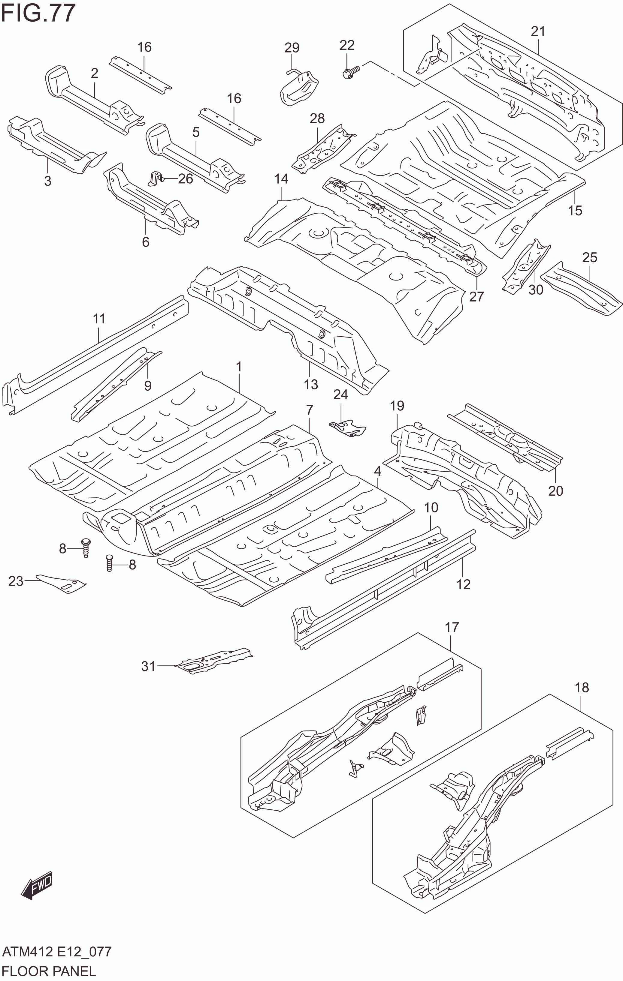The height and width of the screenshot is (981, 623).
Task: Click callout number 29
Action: click(292, 48)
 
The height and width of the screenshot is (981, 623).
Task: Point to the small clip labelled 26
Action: click(155, 178)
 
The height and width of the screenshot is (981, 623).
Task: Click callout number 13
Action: click(311, 384)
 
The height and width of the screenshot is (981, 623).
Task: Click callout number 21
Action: click(538, 31)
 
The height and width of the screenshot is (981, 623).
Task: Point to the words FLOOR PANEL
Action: click(49, 971)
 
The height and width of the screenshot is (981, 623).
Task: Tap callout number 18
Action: click(582, 688)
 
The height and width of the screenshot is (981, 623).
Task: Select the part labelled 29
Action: click(299, 88)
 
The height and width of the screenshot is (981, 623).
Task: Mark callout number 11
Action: click(99, 319)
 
